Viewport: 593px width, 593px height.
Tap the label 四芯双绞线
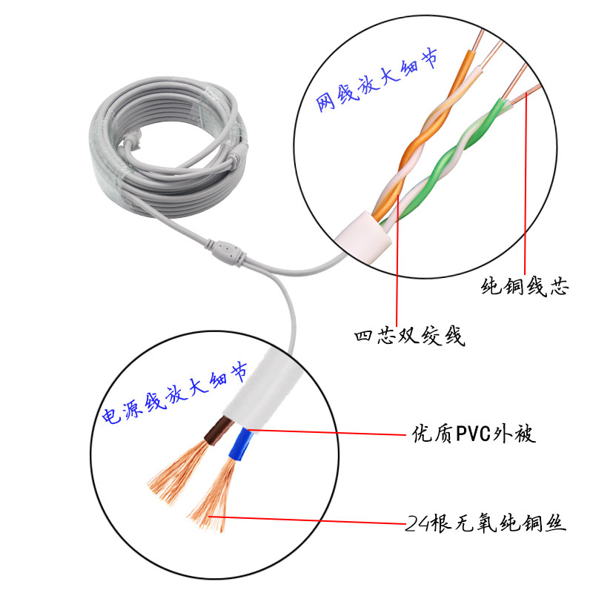pyautogui.click(x=409, y=337)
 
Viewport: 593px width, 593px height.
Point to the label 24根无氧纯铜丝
pyautogui.click(x=486, y=526)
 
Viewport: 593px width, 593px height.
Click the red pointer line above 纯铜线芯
pyautogui.click(x=526, y=185)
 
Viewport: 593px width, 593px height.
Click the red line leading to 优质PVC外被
pyautogui.click(x=326, y=429)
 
